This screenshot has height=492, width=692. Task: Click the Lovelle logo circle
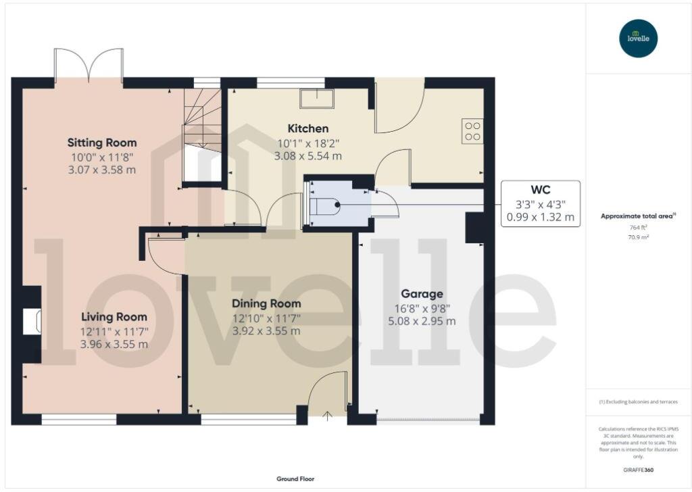639,39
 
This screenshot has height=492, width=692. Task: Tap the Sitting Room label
102,143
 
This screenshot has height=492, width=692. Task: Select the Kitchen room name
308,128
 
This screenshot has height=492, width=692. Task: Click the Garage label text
422,293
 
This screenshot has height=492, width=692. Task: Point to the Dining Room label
266,303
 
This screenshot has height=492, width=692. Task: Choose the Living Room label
114,316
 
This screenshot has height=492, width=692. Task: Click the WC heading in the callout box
540,190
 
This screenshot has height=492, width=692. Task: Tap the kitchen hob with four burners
472,130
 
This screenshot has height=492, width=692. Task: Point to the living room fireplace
32,322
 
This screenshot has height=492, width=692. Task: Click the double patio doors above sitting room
89,65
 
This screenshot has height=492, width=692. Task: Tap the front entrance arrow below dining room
328,416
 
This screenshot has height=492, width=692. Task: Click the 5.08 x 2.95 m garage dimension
422,320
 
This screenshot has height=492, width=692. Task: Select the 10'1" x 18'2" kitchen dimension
308,143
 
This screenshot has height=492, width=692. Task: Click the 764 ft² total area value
639,230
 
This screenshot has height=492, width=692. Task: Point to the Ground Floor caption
295,478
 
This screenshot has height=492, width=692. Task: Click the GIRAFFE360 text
639,470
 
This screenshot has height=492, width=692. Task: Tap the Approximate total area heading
637,216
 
